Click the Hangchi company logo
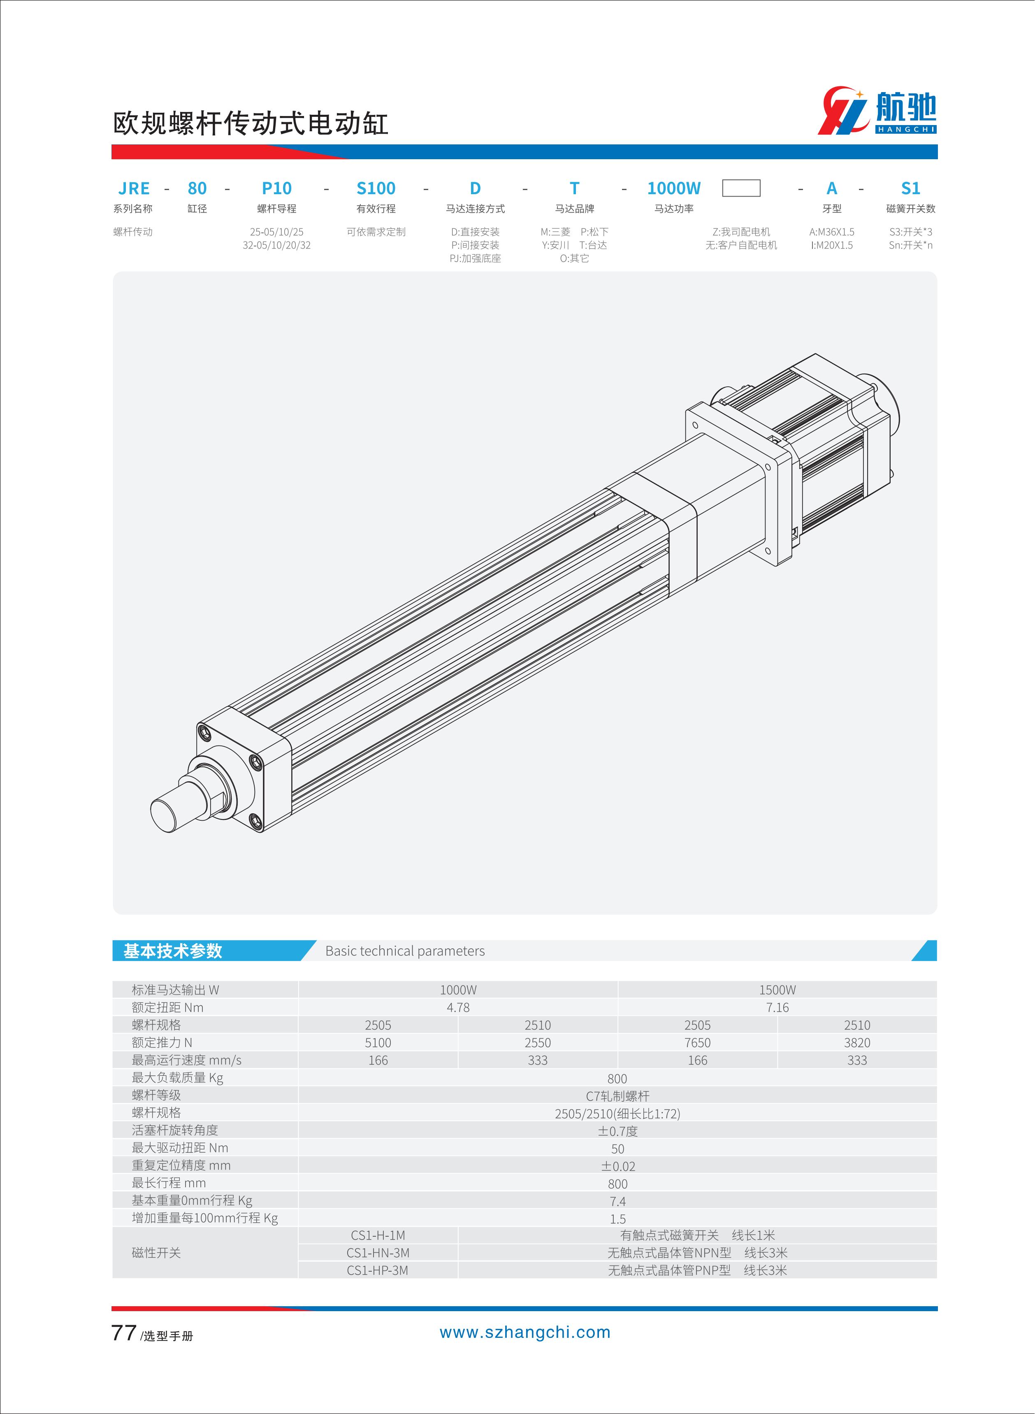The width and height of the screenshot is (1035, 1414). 877,111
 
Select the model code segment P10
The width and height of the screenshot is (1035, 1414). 276,188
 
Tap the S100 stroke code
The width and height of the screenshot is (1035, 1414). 376,188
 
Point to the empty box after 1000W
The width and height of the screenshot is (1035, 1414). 741,188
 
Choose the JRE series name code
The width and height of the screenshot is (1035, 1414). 134,188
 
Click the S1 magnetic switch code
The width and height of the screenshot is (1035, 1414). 910,188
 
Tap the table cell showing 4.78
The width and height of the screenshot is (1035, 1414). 458,1008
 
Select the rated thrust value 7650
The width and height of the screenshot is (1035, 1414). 697,1043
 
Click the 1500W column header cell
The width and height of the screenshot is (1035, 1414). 777,990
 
